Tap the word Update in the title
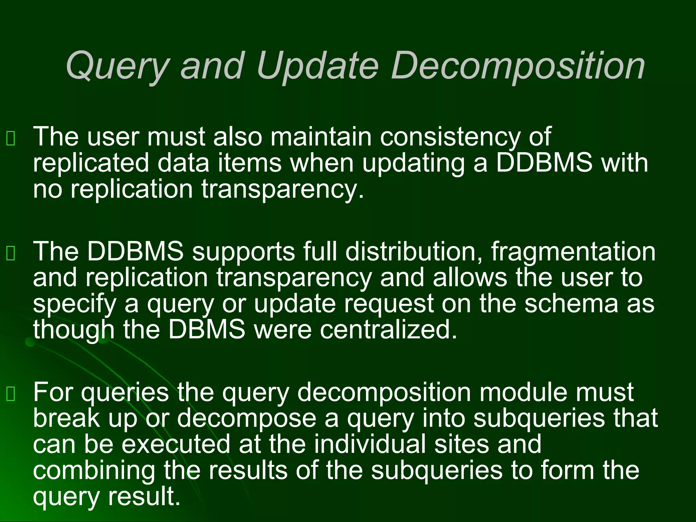click(x=317, y=65)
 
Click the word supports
click(x=243, y=252)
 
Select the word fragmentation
click(x=573, y=252)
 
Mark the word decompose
click(x=247, y=419)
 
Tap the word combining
click(x=94, y=471)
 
